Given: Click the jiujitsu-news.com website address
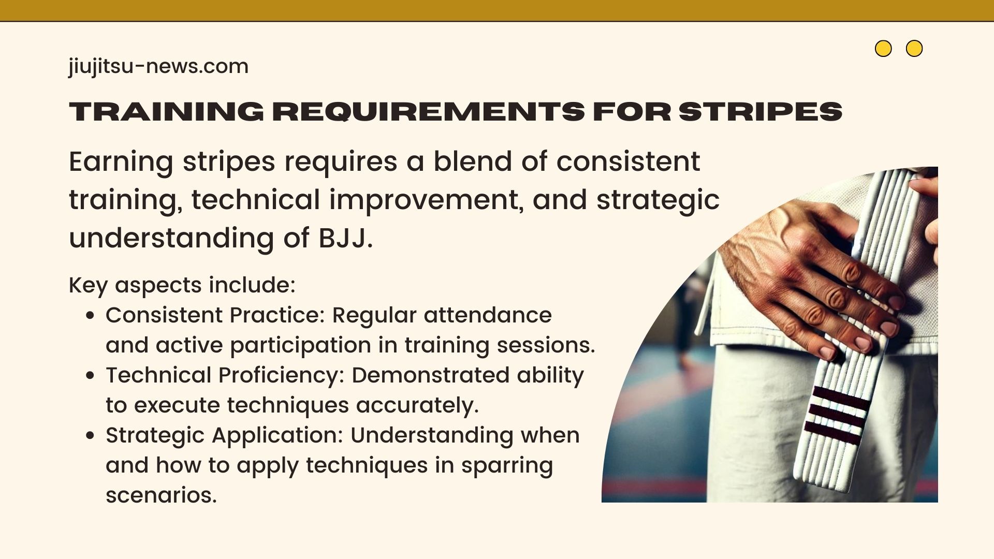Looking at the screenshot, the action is [158, 67].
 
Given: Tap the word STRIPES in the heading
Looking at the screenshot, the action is [761, 111].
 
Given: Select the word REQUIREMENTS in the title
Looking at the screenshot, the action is [429, 111].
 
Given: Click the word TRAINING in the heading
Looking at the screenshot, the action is [166, 111].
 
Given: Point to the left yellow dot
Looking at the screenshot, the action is [883, 49].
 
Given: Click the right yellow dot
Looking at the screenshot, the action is [914, 49].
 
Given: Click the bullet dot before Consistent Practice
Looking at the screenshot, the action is [91, 316].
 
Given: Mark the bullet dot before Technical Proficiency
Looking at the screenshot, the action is [91, 376].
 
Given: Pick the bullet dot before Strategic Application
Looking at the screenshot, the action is [91, 436].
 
